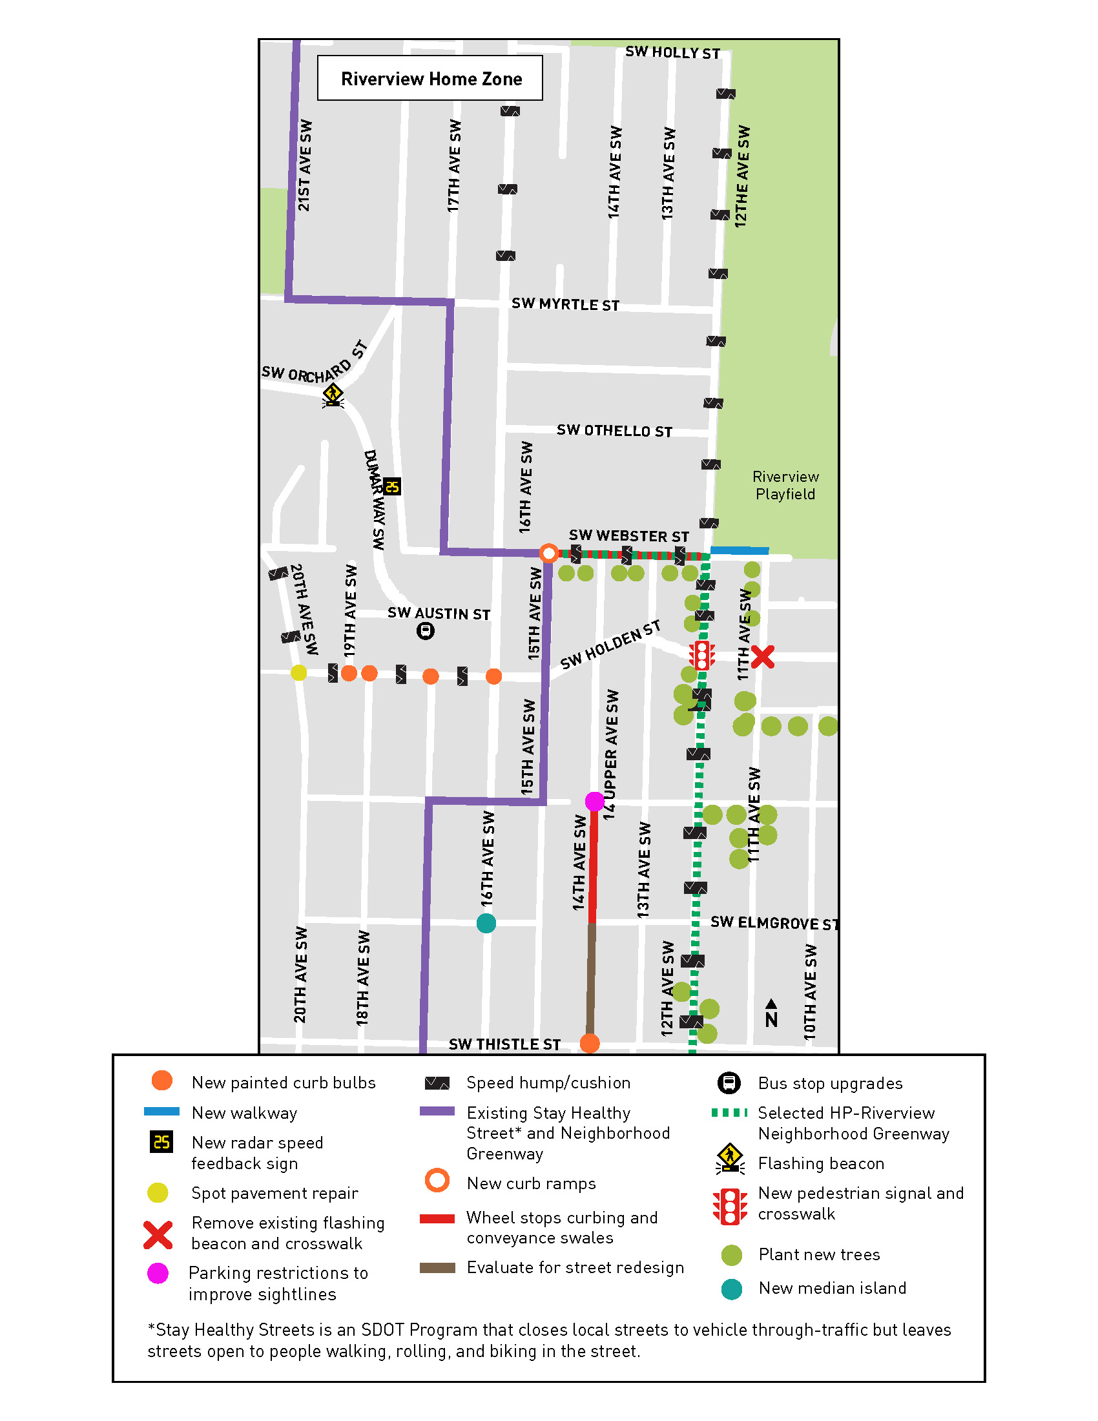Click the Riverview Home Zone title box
coord(430,78)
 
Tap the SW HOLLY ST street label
coord(672,53)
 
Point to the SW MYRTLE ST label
coord(565,304)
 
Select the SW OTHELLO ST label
coord(614,431)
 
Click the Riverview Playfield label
coord(785,485)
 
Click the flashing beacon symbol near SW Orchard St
coord(333,395)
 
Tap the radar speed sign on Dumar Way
coord(391,486)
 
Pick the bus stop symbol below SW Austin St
coord(426,630)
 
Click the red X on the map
coord(762,656)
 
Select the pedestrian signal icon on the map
coord(702,655)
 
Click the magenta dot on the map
coord(594,801)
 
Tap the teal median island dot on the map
coord(486,922)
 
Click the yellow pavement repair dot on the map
coord(298,672)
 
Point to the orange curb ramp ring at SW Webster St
coord(549,553)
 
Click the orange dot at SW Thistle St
coord(589,1043)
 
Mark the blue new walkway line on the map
coord(740,550)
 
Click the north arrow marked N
coord(771,1013)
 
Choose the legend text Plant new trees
coord(818,1254)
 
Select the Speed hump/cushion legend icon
coord(437,1083)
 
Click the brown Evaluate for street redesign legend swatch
coord(437,1267)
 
